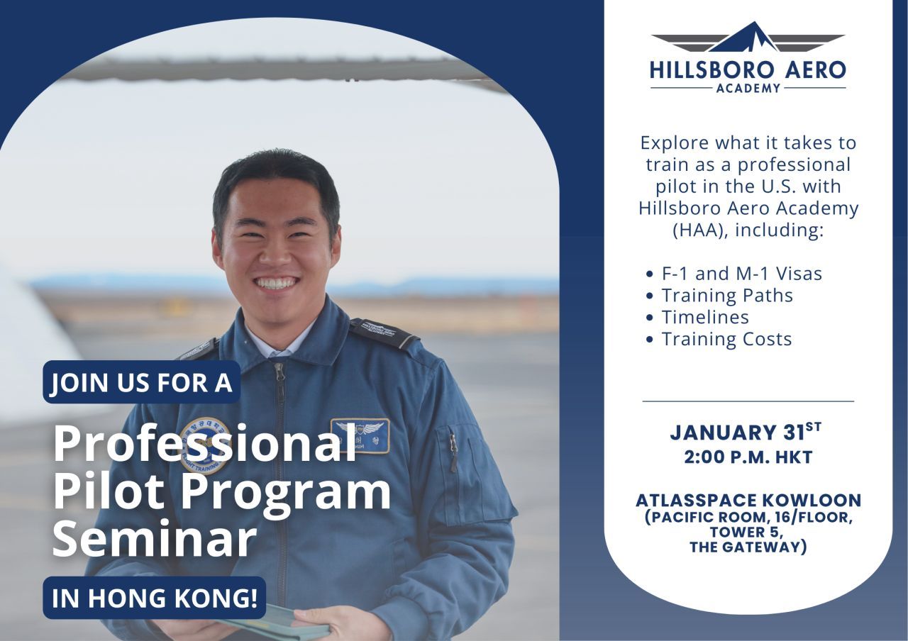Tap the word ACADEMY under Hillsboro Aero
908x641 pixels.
tap(748, 88)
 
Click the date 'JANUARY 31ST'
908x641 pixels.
tap(746, 432)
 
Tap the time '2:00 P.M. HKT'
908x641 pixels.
tap(748, 457)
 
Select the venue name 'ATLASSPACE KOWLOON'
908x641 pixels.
tap(748, 501)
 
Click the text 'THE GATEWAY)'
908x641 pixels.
tap(748, 547)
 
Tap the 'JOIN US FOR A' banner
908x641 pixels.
tap(141, 382)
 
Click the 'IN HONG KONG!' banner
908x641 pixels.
tap(155, 598)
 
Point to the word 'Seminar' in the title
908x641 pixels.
tap(155, 540)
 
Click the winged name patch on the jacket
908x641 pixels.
tap(360, 435)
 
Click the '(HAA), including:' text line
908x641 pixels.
tap(748, 230)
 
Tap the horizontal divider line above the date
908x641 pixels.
tap(748, 401)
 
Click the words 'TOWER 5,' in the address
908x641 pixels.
tap(746, 533)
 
